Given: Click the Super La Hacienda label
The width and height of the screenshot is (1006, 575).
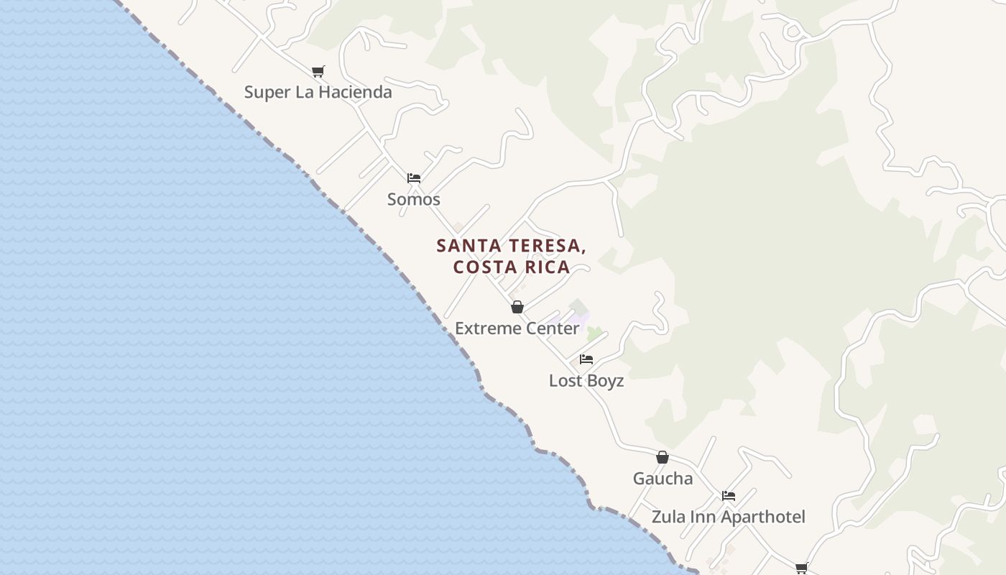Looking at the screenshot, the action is pyautogui.click(x=318, y=92).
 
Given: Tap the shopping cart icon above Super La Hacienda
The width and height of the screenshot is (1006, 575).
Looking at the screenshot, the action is pyautogui.click(x=318, y=71).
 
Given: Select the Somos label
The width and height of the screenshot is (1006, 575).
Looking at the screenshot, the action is pyautogui.click(x=413, y=199).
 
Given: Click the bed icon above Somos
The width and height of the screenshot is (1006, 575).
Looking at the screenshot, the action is pyautogui.click(x=413, y=178).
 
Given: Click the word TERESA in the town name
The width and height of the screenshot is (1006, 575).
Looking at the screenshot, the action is pyautogui.click(x=541, y=246).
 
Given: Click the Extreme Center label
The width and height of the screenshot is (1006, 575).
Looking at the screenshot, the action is pyautogui.click(x=517, y=328).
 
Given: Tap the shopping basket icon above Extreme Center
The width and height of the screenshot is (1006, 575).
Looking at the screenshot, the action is pyautogui.click(x=517, y=308).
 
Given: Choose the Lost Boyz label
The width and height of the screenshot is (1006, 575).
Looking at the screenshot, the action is pyautogui.click(x=586, y=381).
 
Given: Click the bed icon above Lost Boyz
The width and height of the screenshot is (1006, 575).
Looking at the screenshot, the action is pyautogui.click(x=586, y=359).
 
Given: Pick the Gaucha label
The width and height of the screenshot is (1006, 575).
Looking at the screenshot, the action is pyautogui.click(x=663, y=479).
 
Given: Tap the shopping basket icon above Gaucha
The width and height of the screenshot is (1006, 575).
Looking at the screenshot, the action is pyautogui.click(x=663, y=457).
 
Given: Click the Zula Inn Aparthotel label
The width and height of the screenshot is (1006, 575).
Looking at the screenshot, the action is pyautogui.click(x=728, y=517).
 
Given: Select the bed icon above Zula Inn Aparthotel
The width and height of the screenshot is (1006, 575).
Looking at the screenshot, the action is pyautogui.click(x=729, y=496).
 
